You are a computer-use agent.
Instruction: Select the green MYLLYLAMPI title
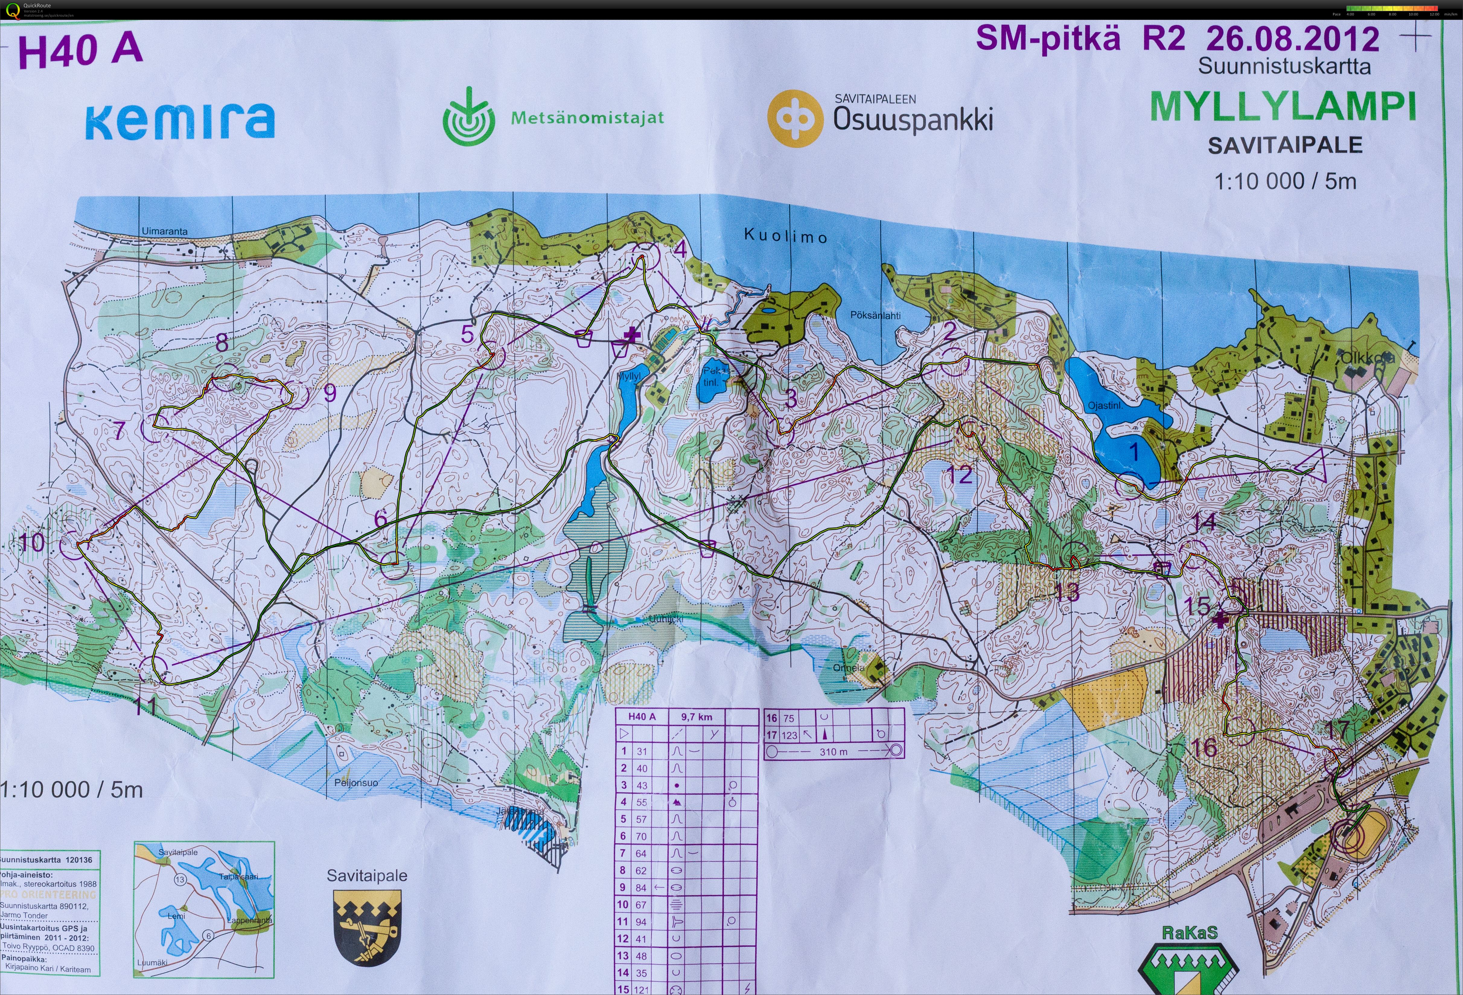1283,107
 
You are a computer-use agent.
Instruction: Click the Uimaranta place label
164,231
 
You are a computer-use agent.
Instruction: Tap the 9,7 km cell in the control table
696,717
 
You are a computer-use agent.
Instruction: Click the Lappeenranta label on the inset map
249,920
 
